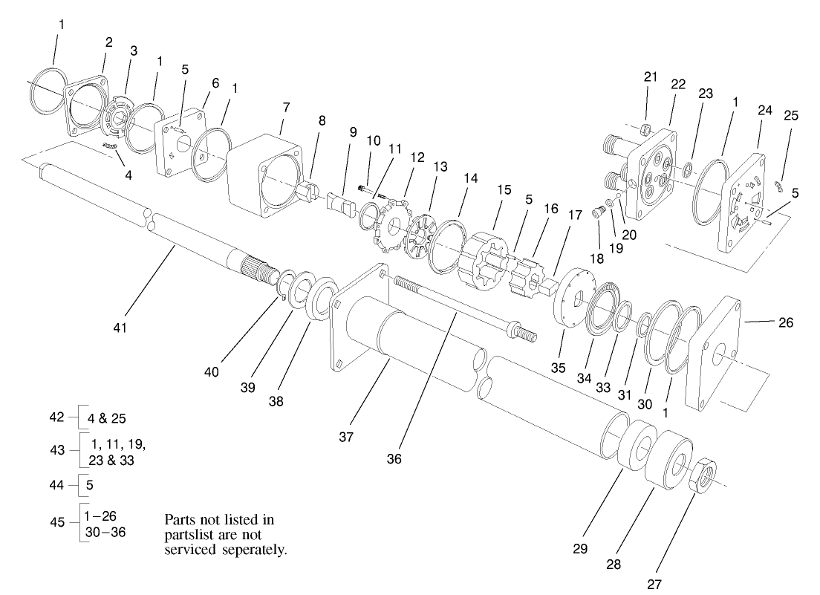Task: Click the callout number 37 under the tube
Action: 346,437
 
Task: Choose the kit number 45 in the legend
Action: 58,521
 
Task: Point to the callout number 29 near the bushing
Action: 580,549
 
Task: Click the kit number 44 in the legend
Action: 58,484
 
